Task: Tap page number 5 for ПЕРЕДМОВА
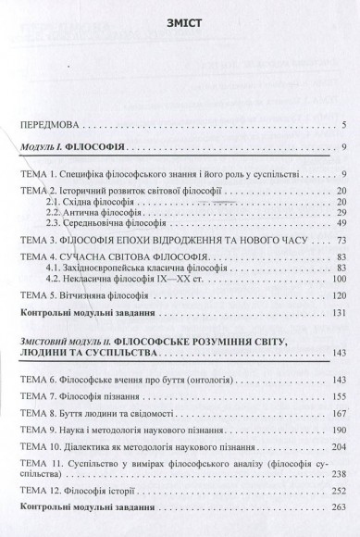pyautogui.click(x=342, y=124)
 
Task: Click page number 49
pyautogui.click(x=340, y=223)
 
